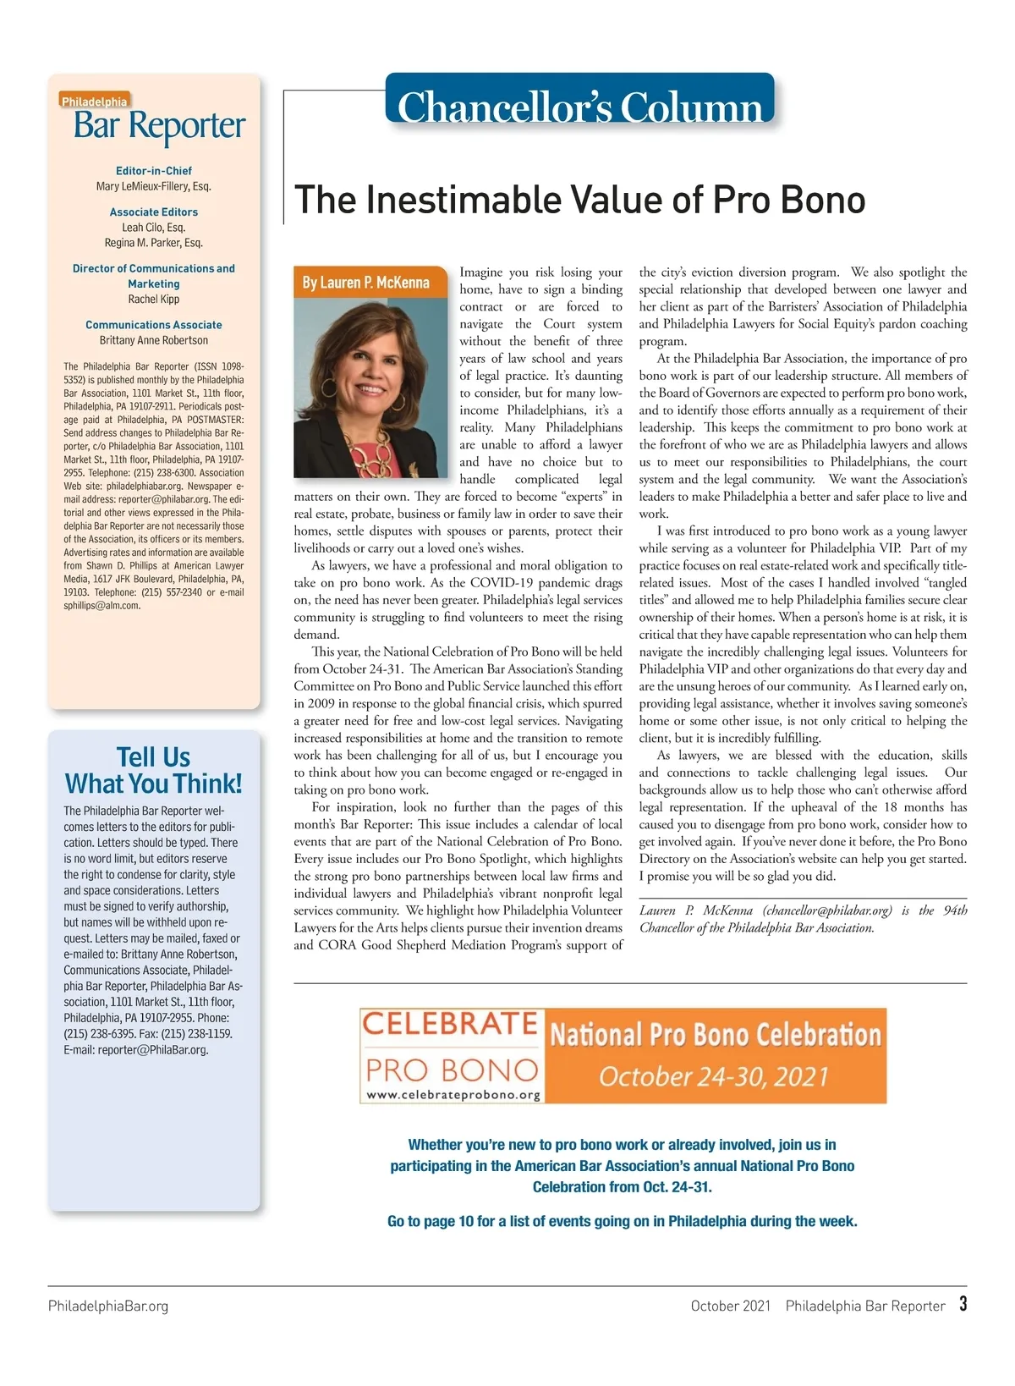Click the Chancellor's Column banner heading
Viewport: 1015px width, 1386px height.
(x=579, y=107)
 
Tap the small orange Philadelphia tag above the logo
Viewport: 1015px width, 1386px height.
(x=94, y=102)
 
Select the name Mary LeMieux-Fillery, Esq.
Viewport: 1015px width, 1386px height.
(x=154, y=186)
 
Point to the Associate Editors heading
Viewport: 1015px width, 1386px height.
(x=154, y=212)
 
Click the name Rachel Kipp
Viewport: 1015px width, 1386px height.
(x=154, y=300)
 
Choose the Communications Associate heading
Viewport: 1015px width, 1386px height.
(x=154, y=325)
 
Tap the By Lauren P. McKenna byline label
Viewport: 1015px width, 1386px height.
(x=366, y=283)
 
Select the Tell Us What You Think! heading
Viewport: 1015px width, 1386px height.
(x=154, y=770)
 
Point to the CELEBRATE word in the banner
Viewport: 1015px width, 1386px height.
(x=450, y=1024)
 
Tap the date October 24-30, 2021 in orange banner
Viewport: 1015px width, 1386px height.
(x=714, y=1076)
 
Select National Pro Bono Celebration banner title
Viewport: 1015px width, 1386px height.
(x=716, y=1035)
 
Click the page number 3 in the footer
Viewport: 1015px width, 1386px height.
(x=963, y=1304)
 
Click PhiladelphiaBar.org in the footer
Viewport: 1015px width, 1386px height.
(x=108, y=1306)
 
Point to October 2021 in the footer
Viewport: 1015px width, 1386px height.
(x=731, y=1306)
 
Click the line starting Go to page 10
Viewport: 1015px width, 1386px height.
(x=622, y=1221)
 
